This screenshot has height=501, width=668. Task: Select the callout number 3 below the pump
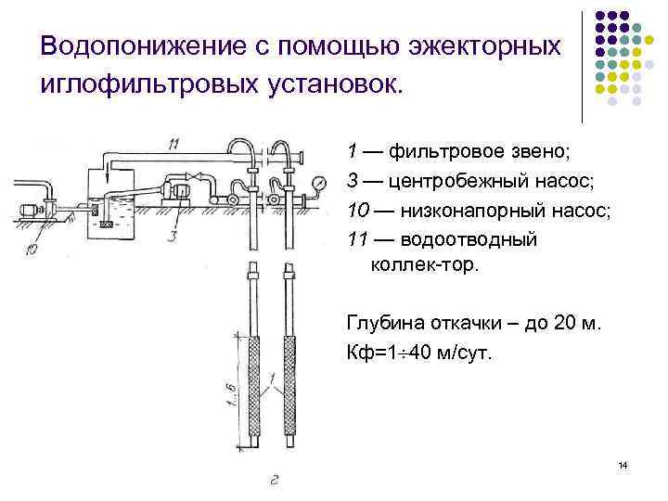(172, 236)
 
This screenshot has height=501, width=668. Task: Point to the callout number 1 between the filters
(270, 379)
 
